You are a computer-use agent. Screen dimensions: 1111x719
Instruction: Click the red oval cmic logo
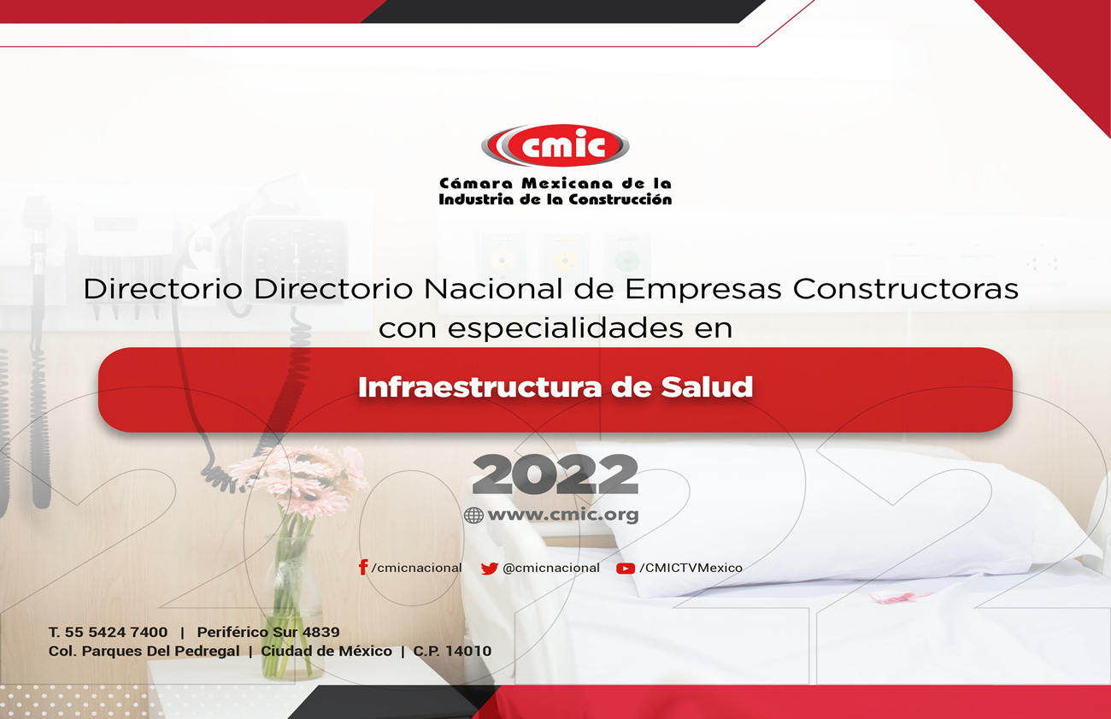point(555,144)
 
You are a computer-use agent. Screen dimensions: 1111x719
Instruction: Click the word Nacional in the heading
point(493,289)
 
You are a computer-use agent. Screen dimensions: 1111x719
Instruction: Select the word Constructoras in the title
point(906,289)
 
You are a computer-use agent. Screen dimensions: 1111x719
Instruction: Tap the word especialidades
point(566,328)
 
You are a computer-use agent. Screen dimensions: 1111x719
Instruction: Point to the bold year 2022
point(555,474)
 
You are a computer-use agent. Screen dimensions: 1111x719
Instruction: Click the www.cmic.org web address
point(563,515)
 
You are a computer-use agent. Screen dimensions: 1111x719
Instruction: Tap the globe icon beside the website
point(473,515)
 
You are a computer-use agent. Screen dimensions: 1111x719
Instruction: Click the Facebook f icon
point(363,567)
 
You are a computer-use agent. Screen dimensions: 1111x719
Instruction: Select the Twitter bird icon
point(489,569)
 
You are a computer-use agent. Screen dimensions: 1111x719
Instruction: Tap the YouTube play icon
point(626,569)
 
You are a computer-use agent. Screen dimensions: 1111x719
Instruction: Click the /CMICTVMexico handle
point(691,569)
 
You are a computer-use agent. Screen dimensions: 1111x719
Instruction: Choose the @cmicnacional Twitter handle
point(551,569)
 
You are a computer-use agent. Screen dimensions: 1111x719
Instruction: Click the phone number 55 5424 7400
point(116,632)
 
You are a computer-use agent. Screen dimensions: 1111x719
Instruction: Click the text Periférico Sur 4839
point(268,632)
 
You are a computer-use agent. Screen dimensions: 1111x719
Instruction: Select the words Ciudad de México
point(326,651)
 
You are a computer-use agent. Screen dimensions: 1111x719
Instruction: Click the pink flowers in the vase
point(297,479)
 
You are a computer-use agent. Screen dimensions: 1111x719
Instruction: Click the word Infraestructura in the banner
point(481,387)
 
